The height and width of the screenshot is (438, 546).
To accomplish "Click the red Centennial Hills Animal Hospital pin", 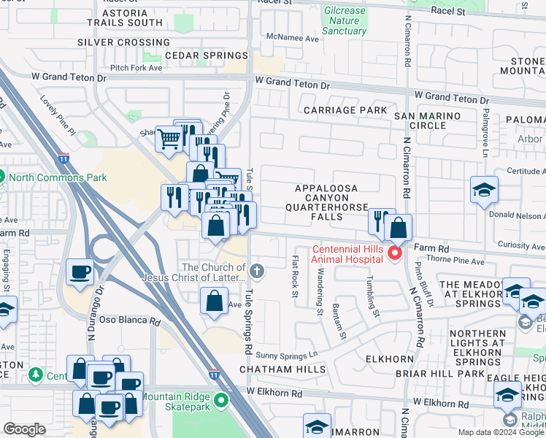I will [395, 253].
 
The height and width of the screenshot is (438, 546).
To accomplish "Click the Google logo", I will [24, 429].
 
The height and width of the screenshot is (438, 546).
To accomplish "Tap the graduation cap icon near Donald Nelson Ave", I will [484, 191].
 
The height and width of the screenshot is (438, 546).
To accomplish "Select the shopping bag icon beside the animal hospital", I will [399, 228].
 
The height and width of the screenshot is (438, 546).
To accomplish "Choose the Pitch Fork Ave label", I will [154, 68].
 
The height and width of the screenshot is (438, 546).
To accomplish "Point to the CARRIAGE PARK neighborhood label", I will [335, 110].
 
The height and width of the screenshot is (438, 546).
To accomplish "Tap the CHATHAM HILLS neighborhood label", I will [283, 369].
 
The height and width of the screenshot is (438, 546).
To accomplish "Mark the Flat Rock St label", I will [296, 277].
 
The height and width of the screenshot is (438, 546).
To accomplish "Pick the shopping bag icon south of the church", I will [214, 301].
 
